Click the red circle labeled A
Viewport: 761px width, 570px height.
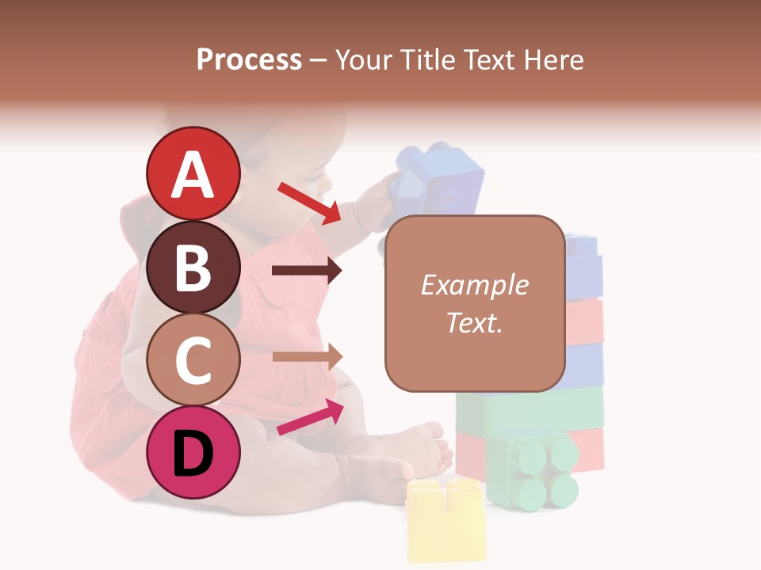pos(193,173)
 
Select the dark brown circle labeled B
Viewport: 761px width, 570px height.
pos(193,267)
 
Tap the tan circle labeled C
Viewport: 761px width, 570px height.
pos(193,359)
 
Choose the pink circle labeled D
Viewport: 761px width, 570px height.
pos(193,452)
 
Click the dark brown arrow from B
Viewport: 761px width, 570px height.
pos(307,271)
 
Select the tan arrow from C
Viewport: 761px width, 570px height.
pos(307,356)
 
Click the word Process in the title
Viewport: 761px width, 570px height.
pos(249,59)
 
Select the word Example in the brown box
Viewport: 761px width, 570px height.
pos(474,285)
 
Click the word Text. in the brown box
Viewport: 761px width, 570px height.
pos(474,322)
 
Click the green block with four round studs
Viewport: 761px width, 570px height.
pos(533,469)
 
